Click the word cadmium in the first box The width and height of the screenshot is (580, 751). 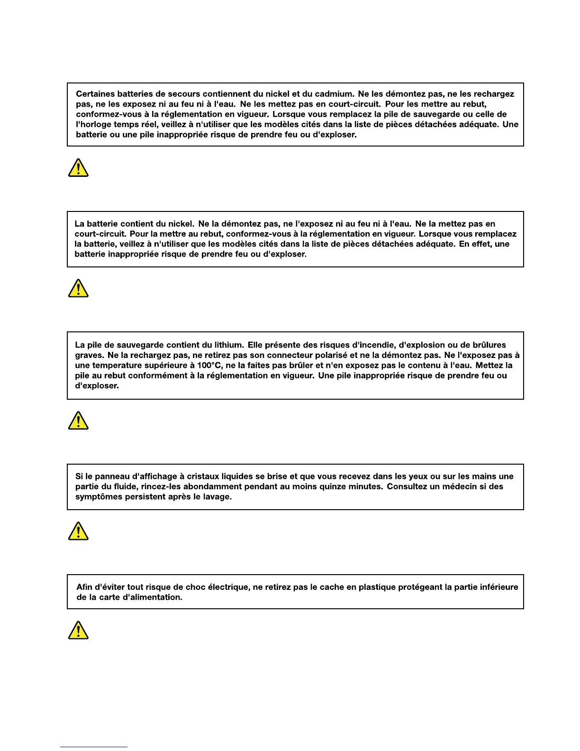[x=334, y=94]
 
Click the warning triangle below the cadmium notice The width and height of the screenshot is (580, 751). [x=78, y=168]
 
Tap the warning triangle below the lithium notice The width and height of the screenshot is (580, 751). [x=78, y=421]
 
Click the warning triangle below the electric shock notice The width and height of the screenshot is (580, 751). [x=78, y=631]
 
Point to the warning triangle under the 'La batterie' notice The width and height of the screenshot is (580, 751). [x=78, y=288]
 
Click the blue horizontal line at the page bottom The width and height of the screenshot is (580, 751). [x=93, y=747]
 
